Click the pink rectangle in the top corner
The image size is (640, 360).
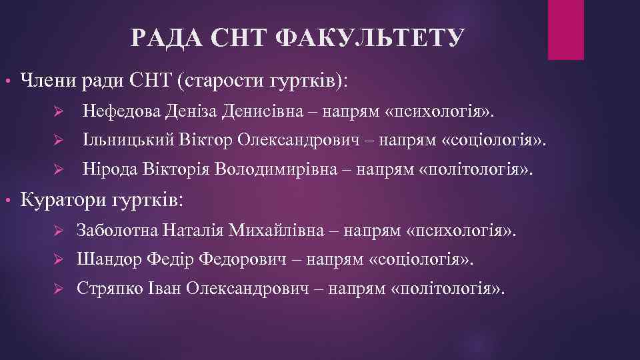point(565,30)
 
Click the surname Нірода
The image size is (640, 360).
point(109,169)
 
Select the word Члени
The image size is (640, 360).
point(47,81)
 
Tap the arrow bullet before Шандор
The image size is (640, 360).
point(57,260)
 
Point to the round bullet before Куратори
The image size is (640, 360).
point(8,200)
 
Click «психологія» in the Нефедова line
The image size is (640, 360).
point(440,110)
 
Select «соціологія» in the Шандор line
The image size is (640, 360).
point(421,259)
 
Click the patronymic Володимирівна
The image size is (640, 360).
point(280,169)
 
